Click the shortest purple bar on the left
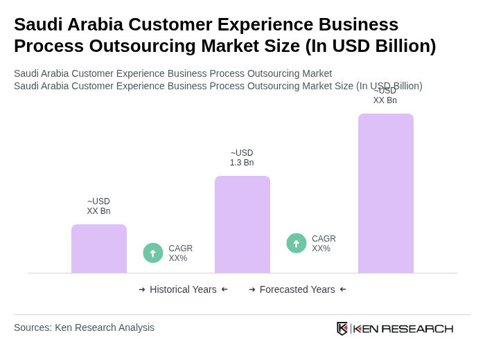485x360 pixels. pos(98,249)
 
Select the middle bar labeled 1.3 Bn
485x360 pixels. pos(242,224)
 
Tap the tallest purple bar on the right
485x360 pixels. pos(385,193)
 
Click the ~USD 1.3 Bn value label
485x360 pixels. pos(242,158)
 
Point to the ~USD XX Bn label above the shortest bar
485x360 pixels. pos(98,206)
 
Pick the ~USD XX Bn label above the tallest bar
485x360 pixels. pos(385,96)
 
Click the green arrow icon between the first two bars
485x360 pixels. pos(153,253)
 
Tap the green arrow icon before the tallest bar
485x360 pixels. pos(297,244)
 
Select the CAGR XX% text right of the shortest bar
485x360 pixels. pos(180,253)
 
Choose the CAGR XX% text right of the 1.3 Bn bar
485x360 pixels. pos(324,244)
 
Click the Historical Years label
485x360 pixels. pos(183,289)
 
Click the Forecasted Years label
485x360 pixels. pos(297,289)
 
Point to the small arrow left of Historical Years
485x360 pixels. pos(142,289)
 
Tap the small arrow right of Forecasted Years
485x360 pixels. pos(343,289)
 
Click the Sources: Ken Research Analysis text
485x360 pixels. pos(84,327)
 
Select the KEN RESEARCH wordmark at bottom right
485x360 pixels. pos(403,329)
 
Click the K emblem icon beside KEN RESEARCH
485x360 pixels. pos(342,328)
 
